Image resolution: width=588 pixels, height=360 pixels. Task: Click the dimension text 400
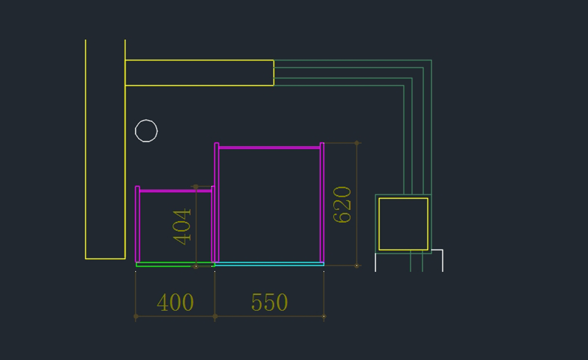pos(175,303)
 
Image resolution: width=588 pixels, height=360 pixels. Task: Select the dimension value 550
pos(269,302)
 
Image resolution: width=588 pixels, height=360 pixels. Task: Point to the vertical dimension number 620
pos(342,205)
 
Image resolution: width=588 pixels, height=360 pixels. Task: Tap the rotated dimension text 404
pos(182,227)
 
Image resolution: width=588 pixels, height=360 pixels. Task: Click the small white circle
pos(146,131)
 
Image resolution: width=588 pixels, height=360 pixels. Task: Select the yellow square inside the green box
pos(403,198)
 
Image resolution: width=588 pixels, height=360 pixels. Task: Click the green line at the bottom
pos(175,265)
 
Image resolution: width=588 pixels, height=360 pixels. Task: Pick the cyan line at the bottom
pos(269,264)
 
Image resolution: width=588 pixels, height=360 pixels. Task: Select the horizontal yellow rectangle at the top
pos(199,60)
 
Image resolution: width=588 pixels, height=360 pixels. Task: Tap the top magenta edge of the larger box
pos(269,147)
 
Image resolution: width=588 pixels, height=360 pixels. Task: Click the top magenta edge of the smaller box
pos(175,191)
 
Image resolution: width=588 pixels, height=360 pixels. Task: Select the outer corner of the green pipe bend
pos(431,61)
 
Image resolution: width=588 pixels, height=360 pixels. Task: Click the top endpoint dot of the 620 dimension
pos(357,143)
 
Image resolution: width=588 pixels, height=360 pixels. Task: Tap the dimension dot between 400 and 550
pos(215,316)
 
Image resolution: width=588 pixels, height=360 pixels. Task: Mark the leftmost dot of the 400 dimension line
pos(136,316)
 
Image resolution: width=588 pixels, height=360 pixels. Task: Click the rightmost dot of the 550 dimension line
pos(324,316)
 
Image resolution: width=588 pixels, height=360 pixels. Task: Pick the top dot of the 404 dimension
pos(196,187)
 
